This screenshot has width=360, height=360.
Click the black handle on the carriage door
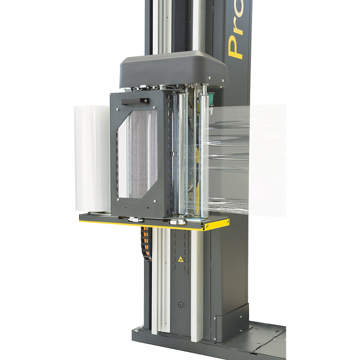(135, 101)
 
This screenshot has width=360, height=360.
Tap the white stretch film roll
(92, 159)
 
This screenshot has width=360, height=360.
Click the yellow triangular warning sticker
(180, 259)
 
